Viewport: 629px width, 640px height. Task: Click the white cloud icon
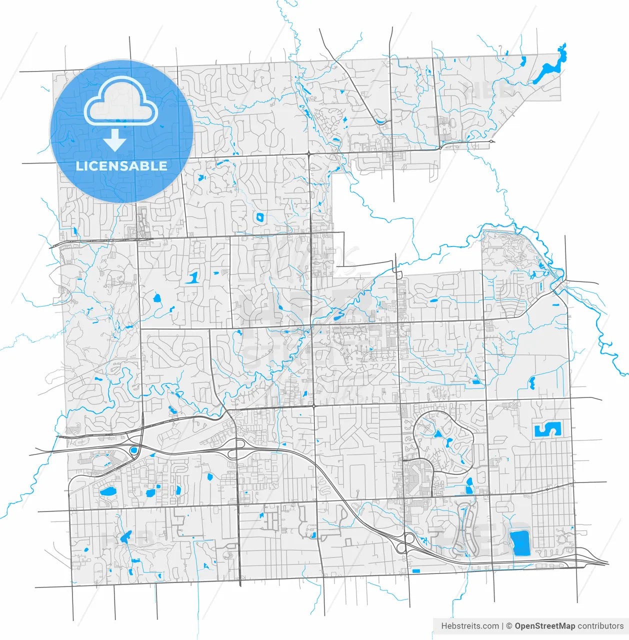(x=121, y=102)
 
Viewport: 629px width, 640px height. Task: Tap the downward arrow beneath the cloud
(x=114, y=140)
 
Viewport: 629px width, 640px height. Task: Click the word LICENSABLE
(x=121, y=166)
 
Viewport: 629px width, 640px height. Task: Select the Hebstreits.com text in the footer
(x=469, y=626)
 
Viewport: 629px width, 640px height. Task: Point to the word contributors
(x=600, y=626)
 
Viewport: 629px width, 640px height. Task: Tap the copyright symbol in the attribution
(x=509, y=626)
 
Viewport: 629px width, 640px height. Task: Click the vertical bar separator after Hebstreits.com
(x=502, y=626)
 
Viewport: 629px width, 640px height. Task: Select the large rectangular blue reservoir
(x=519, y=543)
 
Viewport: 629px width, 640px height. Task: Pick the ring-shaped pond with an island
(x=259, y=217)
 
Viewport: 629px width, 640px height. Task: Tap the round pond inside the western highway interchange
(x=133, y=450)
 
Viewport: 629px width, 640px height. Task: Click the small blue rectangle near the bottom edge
(x=416, y=571)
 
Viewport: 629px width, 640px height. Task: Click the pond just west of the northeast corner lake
(x=522, y=62)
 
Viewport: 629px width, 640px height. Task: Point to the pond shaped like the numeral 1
(x=192, y=277)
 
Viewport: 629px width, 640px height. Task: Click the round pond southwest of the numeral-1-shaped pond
(x=156, y=299)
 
